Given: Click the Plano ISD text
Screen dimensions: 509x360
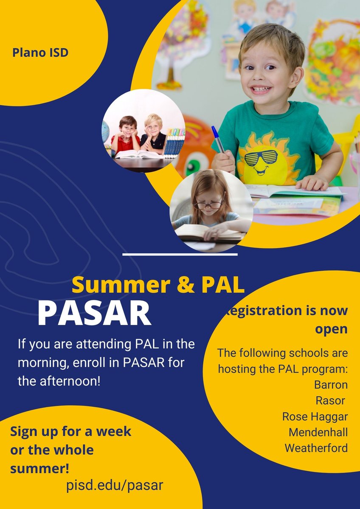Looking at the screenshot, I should click(x=40, y=53).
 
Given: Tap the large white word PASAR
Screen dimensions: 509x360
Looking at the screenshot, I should click(x=94, y=314).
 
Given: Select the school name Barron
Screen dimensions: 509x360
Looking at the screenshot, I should click(x=331, y=385).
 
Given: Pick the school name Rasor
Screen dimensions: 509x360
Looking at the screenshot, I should click(x=330, y=401).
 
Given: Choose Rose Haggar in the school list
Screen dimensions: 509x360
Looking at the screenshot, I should click(x=315, y=417).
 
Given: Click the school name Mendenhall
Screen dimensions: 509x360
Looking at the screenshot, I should click(x=318, y=432).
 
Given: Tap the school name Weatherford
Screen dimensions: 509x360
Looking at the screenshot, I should click(x=316, y=448).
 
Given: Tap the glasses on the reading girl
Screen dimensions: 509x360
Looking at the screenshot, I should click(x=208, y=205).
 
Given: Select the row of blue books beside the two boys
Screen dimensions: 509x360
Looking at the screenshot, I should click(x=174, y=143).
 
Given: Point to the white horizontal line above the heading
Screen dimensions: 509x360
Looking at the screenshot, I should click(x=180, y=255).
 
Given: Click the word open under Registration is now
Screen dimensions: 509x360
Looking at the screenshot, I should click(x=331, y=330).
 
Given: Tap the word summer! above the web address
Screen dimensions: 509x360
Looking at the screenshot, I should click(x=40, y=469).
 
